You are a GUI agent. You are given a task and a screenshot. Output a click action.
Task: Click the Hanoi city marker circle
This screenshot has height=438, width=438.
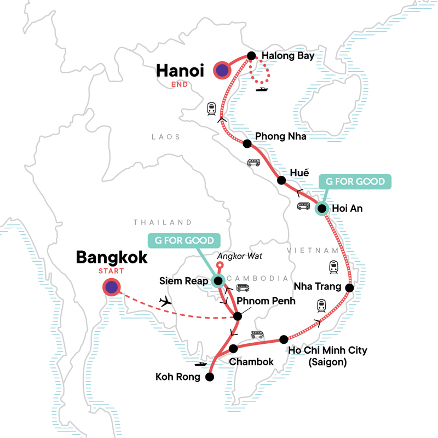coord(222,70)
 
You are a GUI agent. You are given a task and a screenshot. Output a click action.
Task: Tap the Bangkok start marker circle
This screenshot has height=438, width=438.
coord(112,287)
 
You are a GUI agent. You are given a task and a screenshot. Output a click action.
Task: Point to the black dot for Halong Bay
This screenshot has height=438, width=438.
coord(251,56)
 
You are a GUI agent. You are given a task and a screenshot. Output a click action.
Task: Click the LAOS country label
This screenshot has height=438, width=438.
coord(166,137)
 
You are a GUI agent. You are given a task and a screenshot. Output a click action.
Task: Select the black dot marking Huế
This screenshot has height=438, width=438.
coord(281,180)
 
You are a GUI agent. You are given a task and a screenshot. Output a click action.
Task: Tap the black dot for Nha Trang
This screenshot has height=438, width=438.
coord(350,287)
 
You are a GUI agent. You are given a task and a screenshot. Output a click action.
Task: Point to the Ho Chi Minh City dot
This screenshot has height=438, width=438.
coord(284,339)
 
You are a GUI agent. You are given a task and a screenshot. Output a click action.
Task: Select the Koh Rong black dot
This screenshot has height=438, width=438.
coord(209,376)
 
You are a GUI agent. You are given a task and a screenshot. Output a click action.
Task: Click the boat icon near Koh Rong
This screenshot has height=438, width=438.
coord(201,363)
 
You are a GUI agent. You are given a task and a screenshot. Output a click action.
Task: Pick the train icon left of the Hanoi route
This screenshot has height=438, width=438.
coord(211,109)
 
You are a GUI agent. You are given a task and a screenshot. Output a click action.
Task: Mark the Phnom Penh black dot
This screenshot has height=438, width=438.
coord(237,316)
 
